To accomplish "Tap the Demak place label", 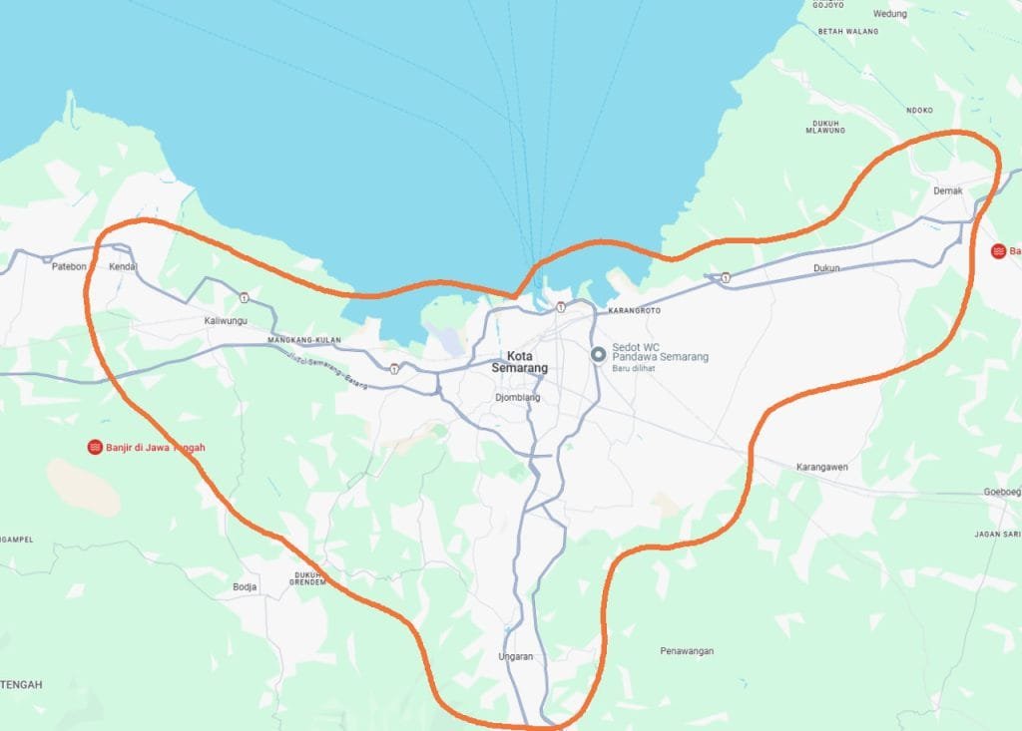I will (947, 189).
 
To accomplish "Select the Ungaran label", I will (516, 656).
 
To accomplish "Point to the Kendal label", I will (122, 267).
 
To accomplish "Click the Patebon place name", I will (65, 267).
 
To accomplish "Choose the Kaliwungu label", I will (225, 320).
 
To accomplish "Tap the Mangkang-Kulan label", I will (304, 340).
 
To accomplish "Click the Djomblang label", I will (517, 398).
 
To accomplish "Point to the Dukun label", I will (826, 268).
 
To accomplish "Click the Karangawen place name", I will (821, 467).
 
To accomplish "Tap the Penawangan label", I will (687, 651).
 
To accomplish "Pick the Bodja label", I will (245, 587).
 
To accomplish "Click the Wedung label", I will (890, 14).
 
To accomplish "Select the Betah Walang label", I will (848, 32).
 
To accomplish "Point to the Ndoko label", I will (918, 111).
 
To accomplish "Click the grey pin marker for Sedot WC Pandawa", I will (599, 355).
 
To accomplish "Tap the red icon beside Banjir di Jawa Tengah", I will (95, 447).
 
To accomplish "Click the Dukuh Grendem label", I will (310, 578).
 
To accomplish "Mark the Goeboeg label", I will (1002, 493).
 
